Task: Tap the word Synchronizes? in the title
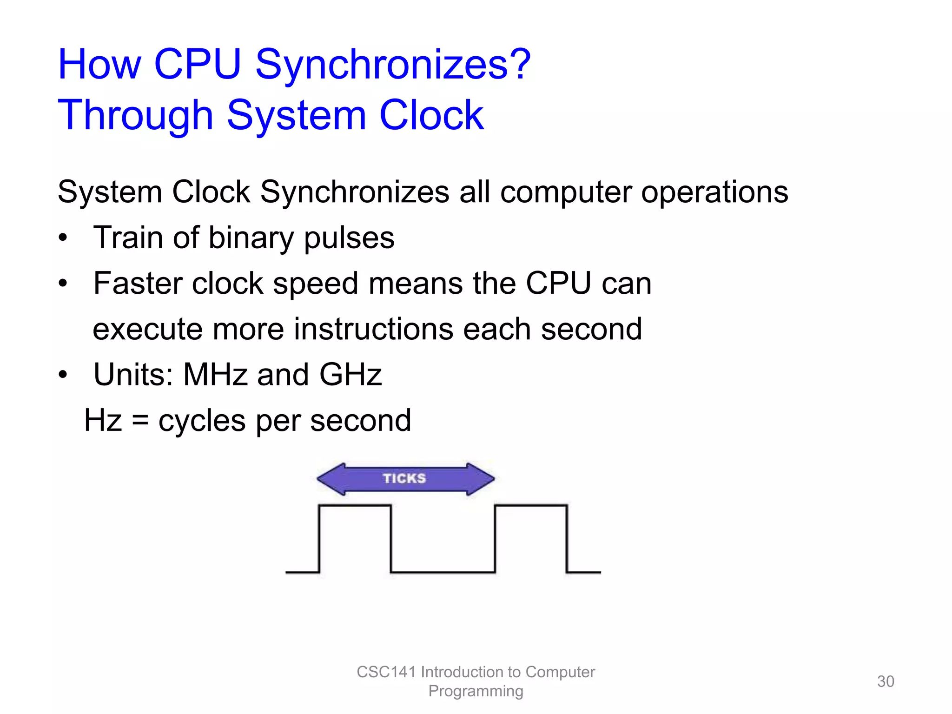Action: (393, 65)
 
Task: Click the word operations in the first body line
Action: (714, 192)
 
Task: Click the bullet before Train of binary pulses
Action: (63, 238)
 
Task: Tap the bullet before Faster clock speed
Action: (63, 283)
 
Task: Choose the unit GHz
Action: (350, 374)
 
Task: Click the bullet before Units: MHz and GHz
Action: (63, 374)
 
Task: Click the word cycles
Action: (202, 421)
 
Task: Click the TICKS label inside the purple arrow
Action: (404, 478)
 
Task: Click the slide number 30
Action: (885, 681)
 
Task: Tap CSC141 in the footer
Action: (386, 672)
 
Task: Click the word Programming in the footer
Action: (476, 691)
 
